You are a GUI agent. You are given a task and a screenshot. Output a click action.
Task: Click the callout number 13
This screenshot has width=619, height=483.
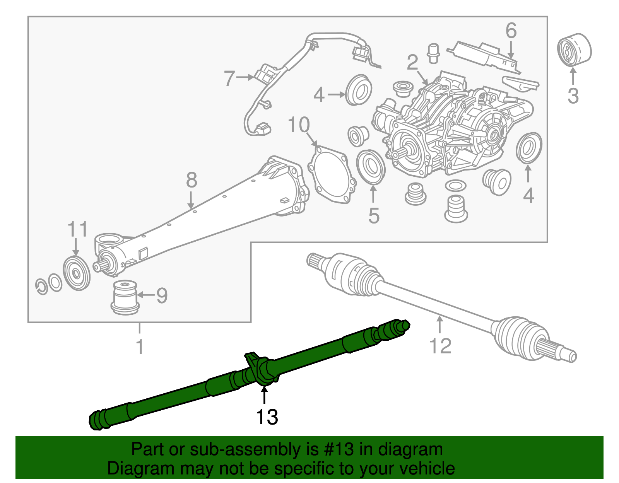point(267,417)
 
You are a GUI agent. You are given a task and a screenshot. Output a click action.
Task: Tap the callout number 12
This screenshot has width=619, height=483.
point(440,346)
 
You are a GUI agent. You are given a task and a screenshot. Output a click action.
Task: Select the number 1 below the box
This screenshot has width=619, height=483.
point(140,346)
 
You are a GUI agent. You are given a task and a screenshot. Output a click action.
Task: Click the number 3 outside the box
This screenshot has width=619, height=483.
point(573,96)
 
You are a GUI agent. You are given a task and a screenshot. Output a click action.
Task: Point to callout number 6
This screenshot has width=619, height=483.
point(511,31)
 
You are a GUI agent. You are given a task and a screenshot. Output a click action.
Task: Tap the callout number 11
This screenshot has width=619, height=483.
point(78,230)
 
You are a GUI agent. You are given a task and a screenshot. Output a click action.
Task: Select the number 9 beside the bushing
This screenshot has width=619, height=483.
point(162,295)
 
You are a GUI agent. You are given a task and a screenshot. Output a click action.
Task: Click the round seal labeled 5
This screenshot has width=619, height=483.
point(371,167)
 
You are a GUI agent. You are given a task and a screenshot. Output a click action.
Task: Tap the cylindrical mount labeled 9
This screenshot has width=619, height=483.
point(125,297)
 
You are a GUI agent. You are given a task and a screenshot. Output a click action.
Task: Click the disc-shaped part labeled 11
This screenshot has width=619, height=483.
point(77,273)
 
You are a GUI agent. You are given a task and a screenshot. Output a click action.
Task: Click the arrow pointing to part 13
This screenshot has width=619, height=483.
point(264,396)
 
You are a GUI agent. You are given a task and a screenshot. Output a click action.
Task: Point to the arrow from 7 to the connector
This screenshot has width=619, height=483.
point(245,77)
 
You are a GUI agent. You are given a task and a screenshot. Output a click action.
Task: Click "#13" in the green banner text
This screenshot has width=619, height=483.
point(337,450)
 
